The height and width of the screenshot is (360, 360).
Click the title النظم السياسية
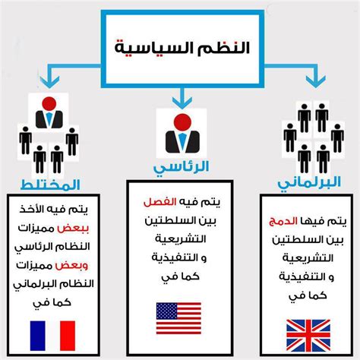click(182, 47)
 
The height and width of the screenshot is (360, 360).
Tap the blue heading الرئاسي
click(181, 168)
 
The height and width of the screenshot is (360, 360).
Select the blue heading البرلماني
click(309, 183)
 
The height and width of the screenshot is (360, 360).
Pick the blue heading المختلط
click(50, 185)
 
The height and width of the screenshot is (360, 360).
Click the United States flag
click(178, 318)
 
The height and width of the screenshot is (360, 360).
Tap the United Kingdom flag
click(308, 335)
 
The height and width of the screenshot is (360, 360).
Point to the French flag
click(52, 336)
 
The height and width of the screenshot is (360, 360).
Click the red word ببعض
click(73, 229)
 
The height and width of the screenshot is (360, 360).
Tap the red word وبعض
click(71, 266)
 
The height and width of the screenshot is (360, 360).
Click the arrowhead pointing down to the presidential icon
click(182, 103)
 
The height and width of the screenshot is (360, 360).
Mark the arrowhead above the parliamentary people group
click(315, 81)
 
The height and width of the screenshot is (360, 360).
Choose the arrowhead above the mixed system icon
click(49, 82)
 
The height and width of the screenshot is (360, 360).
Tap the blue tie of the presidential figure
click(182, 141)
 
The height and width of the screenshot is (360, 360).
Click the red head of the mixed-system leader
click(49, 104)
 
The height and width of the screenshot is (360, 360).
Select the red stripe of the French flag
click(68, 336)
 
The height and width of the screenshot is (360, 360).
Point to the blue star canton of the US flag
click(166, 311)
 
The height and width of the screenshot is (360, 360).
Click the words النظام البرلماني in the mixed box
click(53, 285)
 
